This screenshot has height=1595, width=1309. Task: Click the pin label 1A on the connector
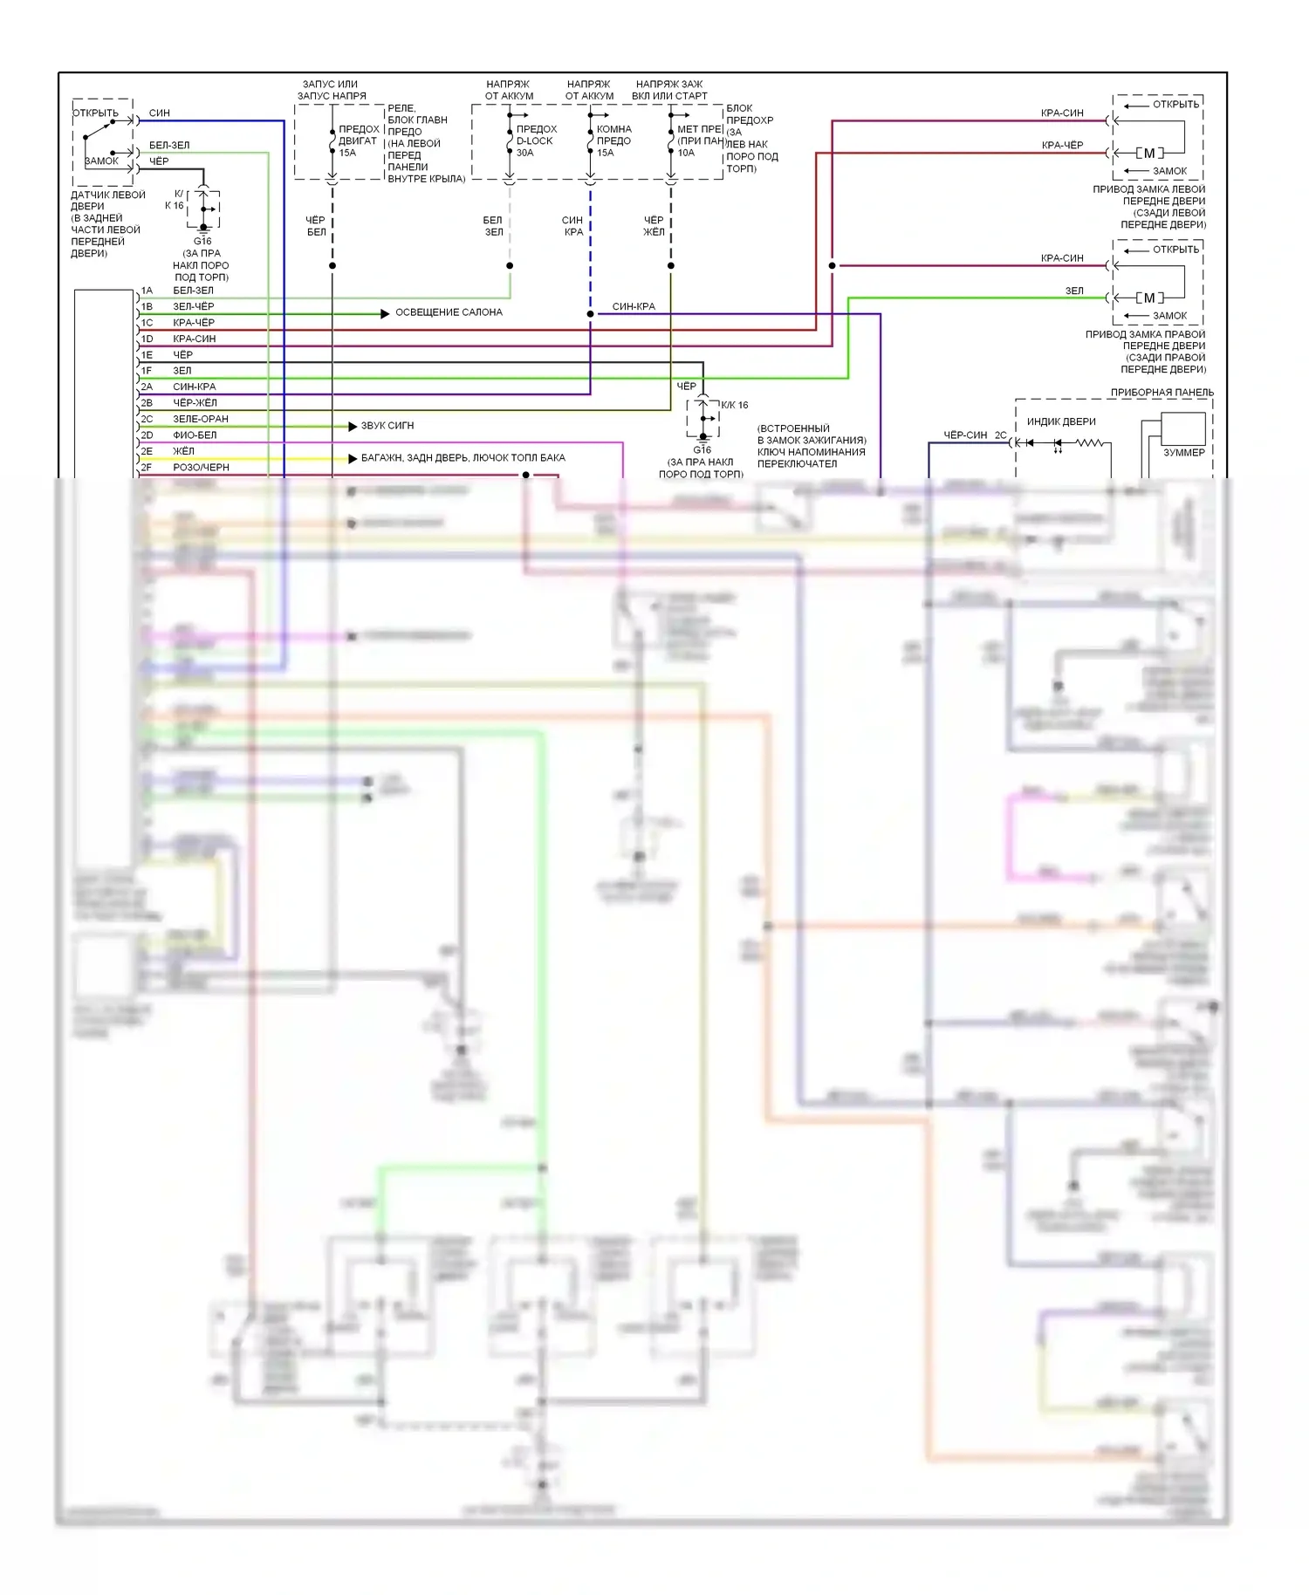(x=147, y=291)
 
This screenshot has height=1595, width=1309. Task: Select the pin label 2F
(x=147, y=468)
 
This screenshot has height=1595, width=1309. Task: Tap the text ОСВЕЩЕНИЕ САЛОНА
(x=449, y=312)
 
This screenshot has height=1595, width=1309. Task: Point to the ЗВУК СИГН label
(x=387, y=426)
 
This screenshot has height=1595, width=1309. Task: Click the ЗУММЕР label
(x=1183, y=453)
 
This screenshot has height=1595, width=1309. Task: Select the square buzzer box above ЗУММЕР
(x=1182, y=428)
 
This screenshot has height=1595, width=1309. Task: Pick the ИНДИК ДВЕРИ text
(x=1061, y=421)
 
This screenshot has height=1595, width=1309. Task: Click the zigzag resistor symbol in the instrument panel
(x=1090, y=443)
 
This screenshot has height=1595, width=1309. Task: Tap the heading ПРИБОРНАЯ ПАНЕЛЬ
(x=1162, y=393)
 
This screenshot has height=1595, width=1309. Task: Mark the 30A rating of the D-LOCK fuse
(x=524, y=153)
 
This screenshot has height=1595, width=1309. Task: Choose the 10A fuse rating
(x=686, y=153)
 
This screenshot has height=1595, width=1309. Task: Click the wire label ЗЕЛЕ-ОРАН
(x=201, y=419)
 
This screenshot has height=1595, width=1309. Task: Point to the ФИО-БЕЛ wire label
(x=195, y=435)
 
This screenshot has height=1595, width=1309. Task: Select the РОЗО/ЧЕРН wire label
(x=201, y=468)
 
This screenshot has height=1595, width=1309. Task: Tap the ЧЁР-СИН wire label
(x=965, y=435)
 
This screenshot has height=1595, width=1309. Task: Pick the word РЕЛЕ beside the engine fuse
(x=401, y=108)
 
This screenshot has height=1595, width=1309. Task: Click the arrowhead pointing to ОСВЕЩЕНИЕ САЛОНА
(x=385, y=313)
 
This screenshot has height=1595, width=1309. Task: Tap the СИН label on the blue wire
(x=160, y=113)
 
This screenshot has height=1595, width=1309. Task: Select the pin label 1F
(x=147, y=371)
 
